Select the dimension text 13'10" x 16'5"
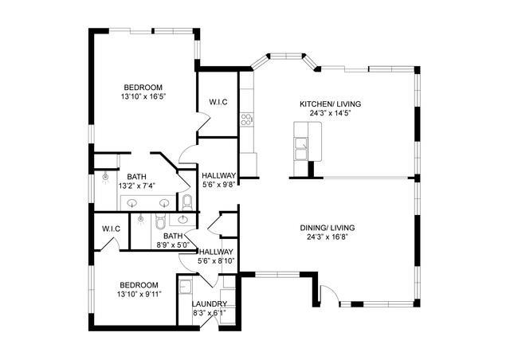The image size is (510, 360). tap(143, 97)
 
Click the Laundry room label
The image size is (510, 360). tap(210, 304)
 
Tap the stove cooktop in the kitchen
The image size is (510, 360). tap(246, 120)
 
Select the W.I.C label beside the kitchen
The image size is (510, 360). tap(219, 102)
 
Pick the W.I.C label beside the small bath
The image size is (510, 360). tap(111, 229)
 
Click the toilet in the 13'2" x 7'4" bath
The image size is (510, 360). tap(186, 201)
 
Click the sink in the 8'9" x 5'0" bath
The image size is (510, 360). tap(183, 218)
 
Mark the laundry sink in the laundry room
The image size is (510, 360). tap(186, 286)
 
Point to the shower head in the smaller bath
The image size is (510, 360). tap(141, 217)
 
